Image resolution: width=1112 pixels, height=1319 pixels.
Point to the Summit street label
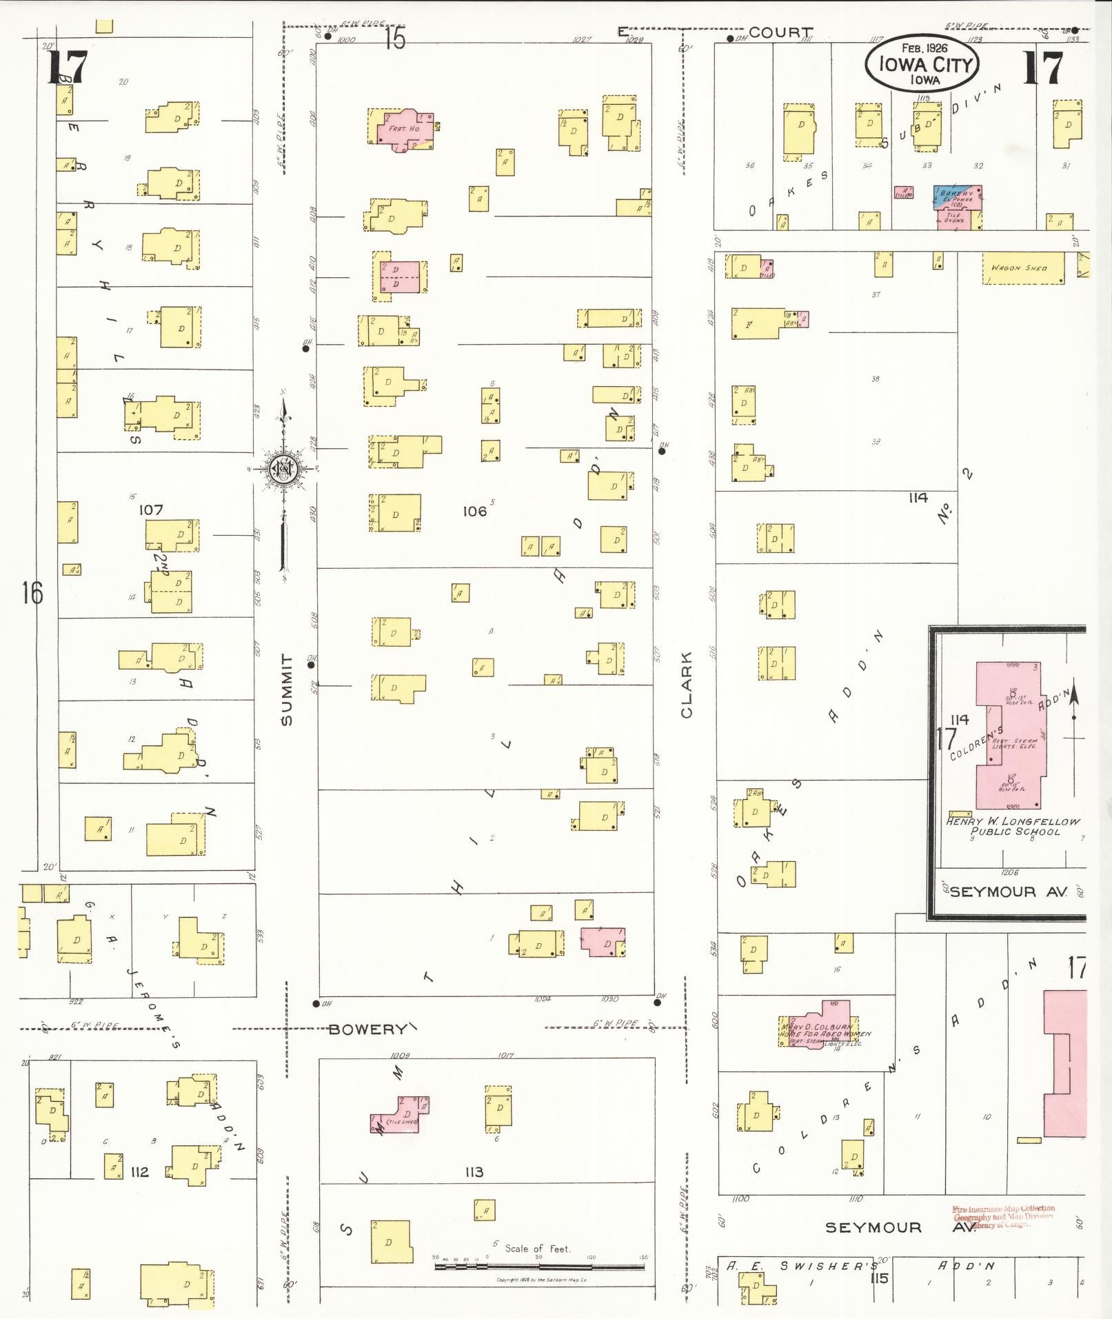(x=287, y=689)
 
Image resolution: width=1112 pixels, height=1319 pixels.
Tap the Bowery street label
(x=367, y=1029)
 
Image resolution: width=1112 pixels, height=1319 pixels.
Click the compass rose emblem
(x=283, y=470)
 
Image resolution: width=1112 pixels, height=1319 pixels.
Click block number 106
(x=474, y=511)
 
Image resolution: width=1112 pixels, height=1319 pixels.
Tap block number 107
(x=150, y=510)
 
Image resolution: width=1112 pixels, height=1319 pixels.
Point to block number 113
(x=474, y=1171)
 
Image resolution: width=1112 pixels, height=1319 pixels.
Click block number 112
(x=139, y=1171)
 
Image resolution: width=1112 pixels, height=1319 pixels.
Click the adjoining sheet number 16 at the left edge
(x=32, y=593)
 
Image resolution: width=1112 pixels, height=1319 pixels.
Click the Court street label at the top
(x=780, y=32)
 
